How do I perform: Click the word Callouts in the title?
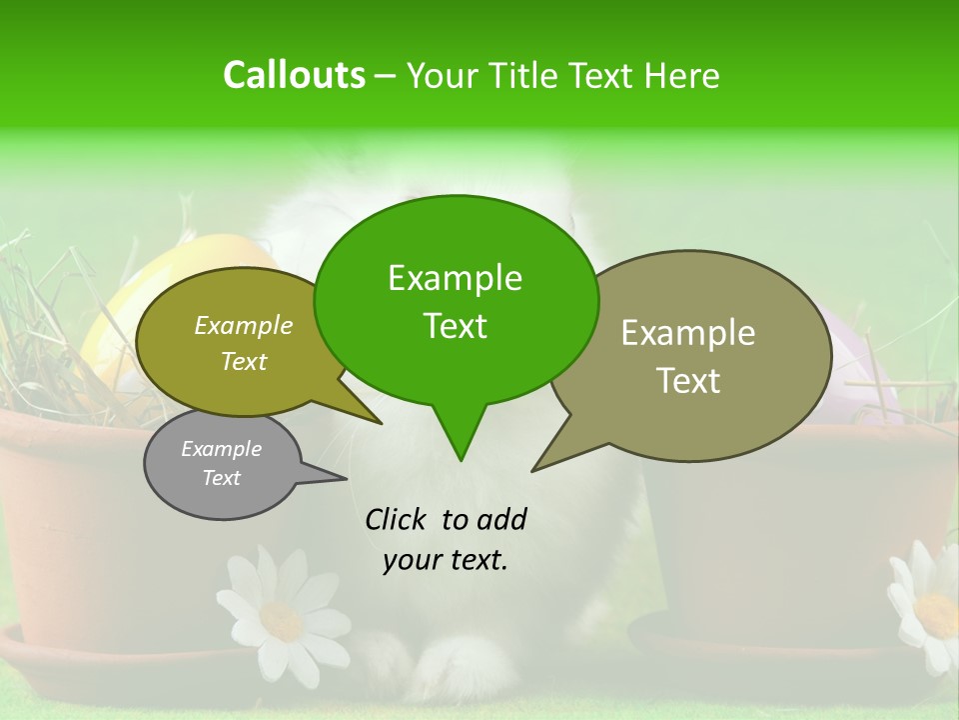point(294,75)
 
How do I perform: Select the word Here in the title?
point(680,76)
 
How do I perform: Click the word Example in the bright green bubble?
point(455,278)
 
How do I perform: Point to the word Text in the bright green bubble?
point(455,326)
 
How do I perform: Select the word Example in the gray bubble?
point(221,449)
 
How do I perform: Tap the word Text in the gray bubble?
point(221,478)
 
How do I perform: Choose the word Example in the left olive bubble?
point(243,325)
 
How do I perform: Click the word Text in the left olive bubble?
point(243,361)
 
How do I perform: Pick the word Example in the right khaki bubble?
point(688,333)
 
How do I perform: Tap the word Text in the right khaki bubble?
point(688,381)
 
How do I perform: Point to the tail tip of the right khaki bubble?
point(534,469)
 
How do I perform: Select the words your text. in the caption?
point(446,560)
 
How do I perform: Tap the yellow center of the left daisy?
point(281,621)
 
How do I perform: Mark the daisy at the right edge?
point(929,605)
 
